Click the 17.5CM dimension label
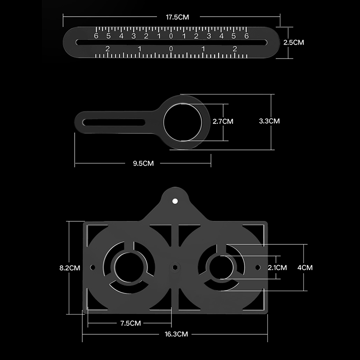(x=177, y=17)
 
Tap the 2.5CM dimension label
(x=293, y=42)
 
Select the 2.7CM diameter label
(x=223, y=121)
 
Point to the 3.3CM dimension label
(x=269, y=121)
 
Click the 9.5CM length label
(x=143, y=163)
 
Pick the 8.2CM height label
(x=70, y=268)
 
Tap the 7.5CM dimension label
(x=130, y=323)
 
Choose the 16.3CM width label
(x=176, y=334)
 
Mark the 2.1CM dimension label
(x=277, y=268)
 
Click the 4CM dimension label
(x=305, y=268)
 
